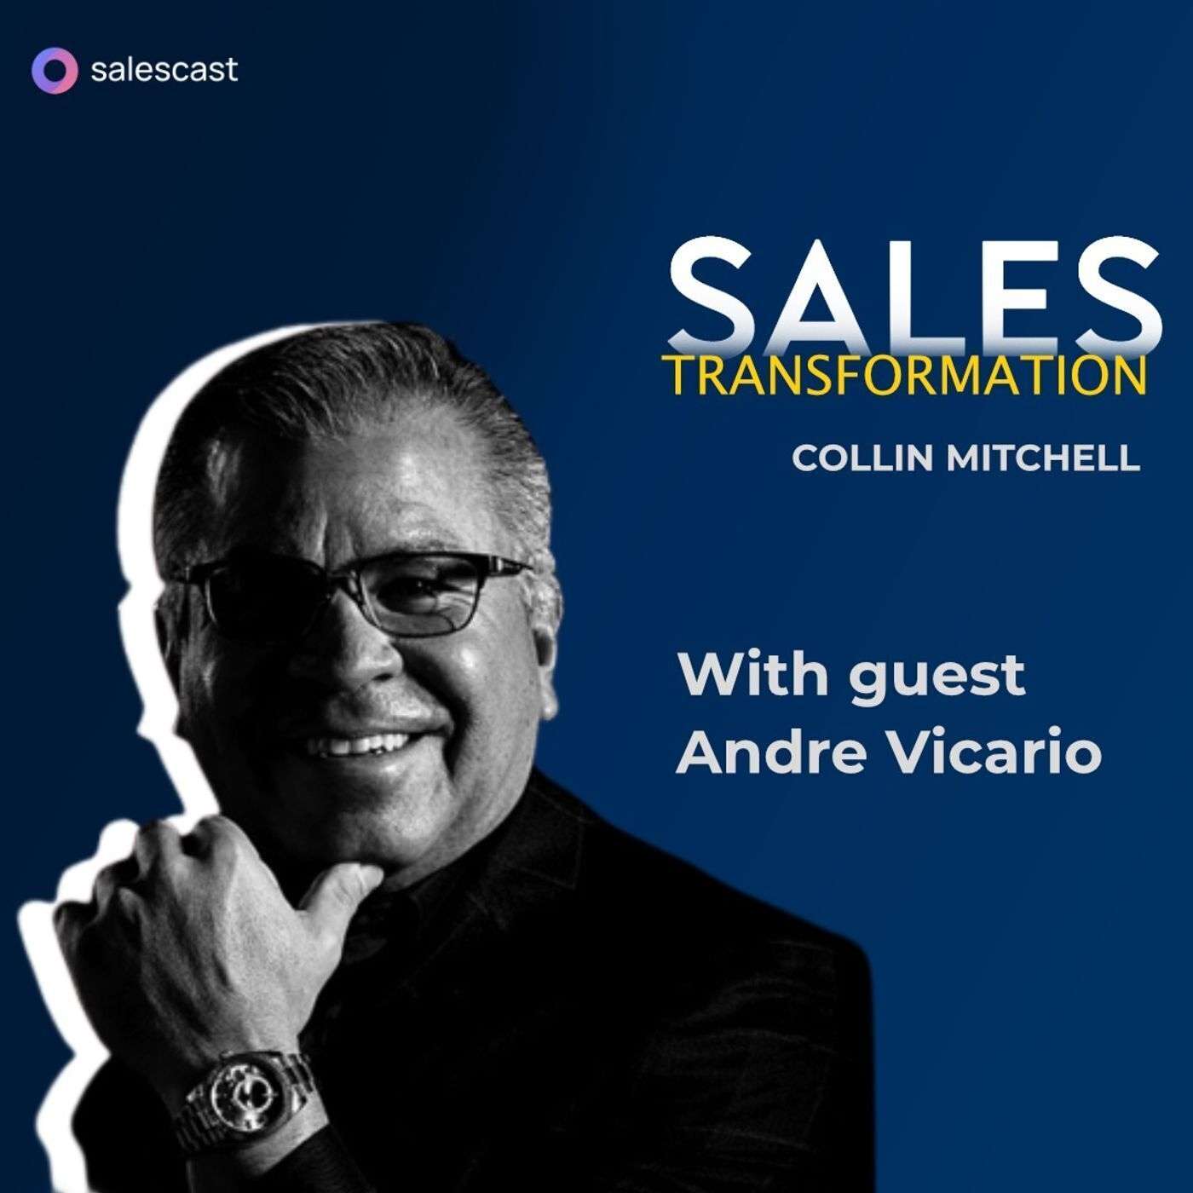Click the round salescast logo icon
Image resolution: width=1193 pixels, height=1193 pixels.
pos(54,69)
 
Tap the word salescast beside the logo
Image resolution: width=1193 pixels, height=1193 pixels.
pos(164,70)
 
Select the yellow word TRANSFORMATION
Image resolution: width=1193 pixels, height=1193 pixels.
pos(905,376)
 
